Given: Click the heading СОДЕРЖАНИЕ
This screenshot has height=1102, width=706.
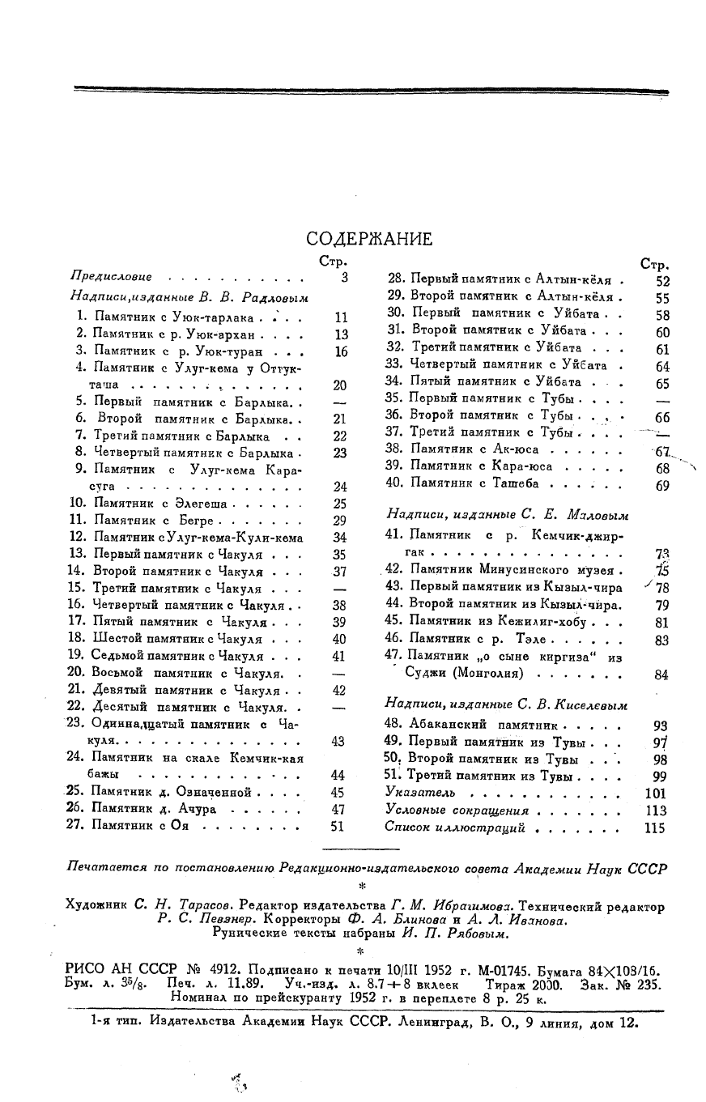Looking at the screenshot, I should (x=369, y=239).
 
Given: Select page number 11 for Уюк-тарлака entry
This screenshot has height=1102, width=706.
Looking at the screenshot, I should (x=340, y=317).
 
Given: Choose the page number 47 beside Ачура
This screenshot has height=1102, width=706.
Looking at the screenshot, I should (x=338, y=809).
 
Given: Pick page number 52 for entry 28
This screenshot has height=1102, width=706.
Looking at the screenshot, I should (x=662, y=281).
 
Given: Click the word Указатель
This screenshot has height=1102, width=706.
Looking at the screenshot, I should (x=420, y=793).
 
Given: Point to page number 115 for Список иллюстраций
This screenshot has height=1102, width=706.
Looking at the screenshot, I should (x=654, y=828).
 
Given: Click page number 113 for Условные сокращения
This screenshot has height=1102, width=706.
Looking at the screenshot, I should (x=655, y=811).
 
